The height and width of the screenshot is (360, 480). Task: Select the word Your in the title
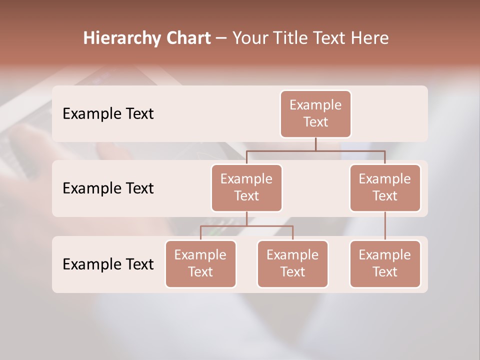249,38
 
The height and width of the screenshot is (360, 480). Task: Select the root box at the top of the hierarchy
315,113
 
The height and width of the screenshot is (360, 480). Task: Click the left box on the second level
246,187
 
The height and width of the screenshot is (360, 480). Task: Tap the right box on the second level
385,187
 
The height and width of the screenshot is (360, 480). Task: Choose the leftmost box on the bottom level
200,263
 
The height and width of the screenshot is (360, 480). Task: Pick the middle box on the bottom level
292,263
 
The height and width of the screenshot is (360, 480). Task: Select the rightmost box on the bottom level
385,263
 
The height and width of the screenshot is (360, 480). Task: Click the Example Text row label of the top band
108,114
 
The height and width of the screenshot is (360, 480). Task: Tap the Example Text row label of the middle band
108,188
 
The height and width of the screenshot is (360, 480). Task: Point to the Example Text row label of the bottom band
108,264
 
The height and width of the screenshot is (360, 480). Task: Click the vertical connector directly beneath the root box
315,144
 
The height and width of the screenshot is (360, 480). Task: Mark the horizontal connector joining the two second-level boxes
315,150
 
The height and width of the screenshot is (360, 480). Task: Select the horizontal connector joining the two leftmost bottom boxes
246,226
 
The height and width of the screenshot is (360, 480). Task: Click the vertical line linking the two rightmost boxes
385,226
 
